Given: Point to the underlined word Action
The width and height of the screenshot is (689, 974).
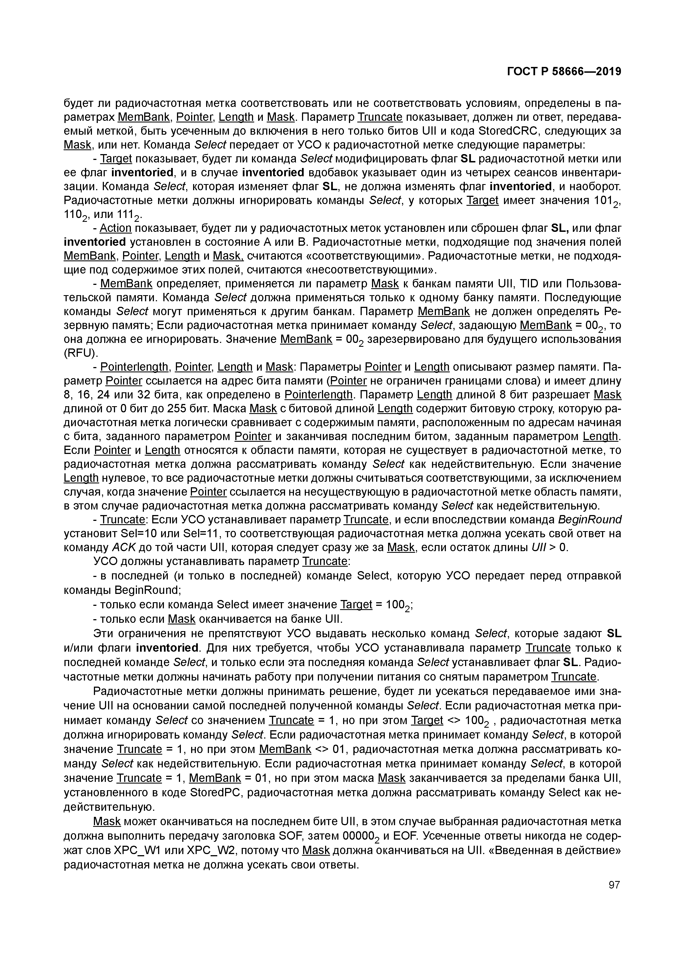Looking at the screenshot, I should point(116,228).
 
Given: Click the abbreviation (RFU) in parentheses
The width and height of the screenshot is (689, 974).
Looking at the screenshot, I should point(81,353).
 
